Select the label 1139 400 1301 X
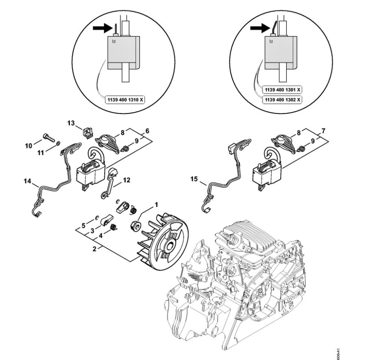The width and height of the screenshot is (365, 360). click(x=283, y=89)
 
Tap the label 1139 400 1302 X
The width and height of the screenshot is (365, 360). click(x=283, y=101)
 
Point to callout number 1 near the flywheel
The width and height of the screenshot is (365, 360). click(x=144, y=204)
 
